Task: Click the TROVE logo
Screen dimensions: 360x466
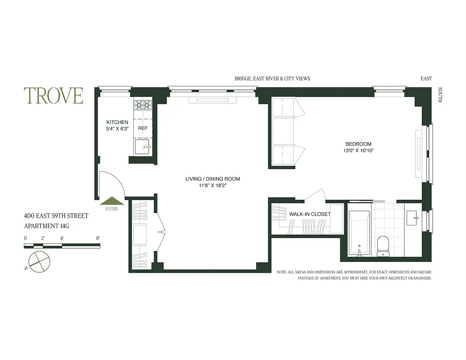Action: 54,95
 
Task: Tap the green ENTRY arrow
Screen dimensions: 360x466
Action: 112,202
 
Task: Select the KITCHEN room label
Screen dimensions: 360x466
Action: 117,122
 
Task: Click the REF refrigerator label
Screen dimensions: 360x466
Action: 143,128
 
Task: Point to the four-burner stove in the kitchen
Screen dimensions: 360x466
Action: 143,105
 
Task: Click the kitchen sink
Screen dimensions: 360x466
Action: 142,146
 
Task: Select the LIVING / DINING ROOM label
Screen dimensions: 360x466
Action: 213,179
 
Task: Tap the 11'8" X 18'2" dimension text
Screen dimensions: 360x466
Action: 213,185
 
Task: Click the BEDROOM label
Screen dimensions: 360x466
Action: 358,144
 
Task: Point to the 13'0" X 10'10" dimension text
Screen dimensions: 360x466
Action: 358,151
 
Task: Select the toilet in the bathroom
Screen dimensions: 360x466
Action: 383,246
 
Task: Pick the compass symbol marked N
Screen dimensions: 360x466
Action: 37,261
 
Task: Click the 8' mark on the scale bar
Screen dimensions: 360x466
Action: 98,238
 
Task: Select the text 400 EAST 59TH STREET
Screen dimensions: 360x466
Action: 56,216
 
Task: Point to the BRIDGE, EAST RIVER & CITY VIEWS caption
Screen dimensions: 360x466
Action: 272,78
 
